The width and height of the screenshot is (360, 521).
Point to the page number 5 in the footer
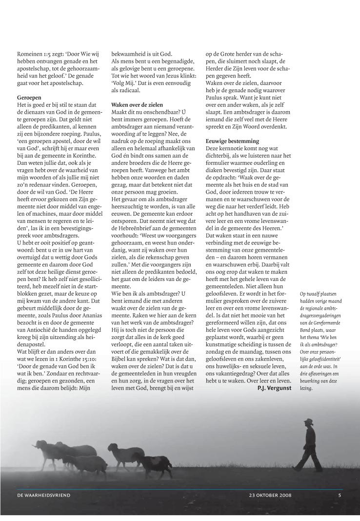coord(340,495)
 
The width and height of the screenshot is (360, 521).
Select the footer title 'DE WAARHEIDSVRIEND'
coord(44,495)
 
